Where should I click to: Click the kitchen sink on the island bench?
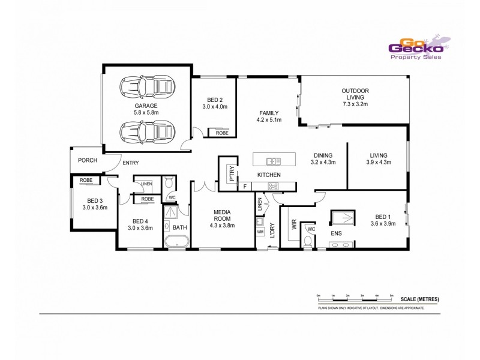click(273, 161)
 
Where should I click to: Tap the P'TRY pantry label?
click(231, 173)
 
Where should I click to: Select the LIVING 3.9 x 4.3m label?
click(379, 158)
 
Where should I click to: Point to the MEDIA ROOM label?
click(221, 215)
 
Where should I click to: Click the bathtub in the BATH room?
click(177, 242)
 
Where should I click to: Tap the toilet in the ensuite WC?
click(308, 241)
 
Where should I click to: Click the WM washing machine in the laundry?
click(260, 232)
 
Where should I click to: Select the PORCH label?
click(88, 160)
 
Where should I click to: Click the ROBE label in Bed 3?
click(86, 180)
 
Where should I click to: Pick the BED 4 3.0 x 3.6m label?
click(141, 224)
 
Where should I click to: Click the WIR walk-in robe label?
click(294, 225)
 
